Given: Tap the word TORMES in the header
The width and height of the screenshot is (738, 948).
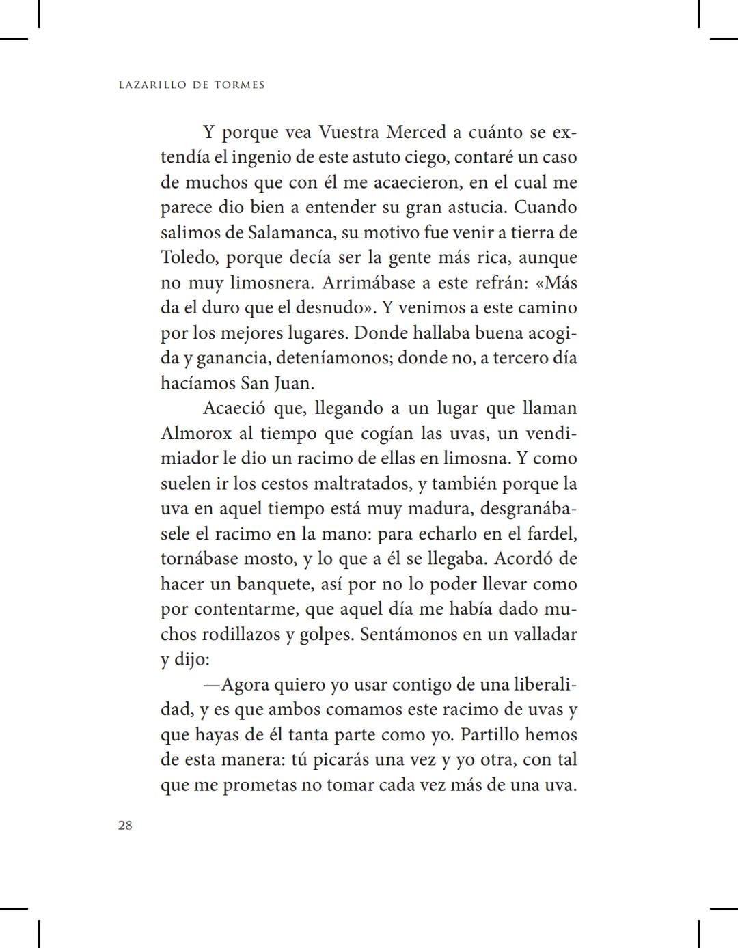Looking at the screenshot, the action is [239, 85].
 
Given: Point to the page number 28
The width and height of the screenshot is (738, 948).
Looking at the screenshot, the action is [125, 825].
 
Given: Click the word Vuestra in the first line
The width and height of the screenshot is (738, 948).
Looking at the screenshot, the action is [349, 132].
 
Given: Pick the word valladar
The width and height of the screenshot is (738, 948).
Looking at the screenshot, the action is [545, 635].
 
